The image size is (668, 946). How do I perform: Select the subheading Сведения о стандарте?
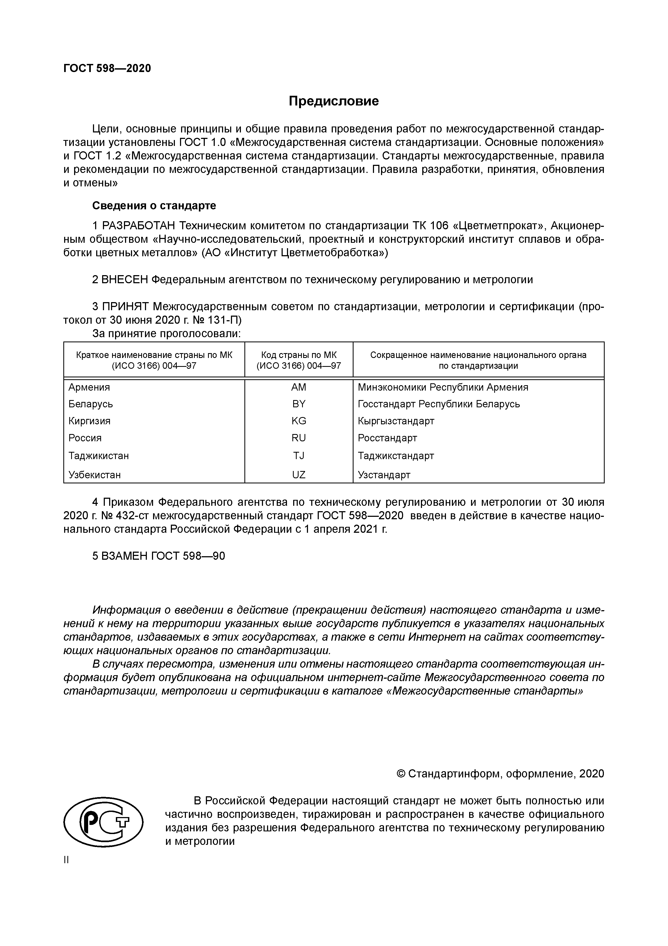coord(154,205)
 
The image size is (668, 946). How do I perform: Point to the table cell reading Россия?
coord(85,438)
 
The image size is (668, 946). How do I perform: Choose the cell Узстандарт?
coord(384,475)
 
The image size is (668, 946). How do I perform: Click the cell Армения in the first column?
coord(89,387)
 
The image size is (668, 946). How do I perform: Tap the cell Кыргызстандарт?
coord(396,421)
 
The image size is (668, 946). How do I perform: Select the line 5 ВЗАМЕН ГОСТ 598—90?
coord(158,556)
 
